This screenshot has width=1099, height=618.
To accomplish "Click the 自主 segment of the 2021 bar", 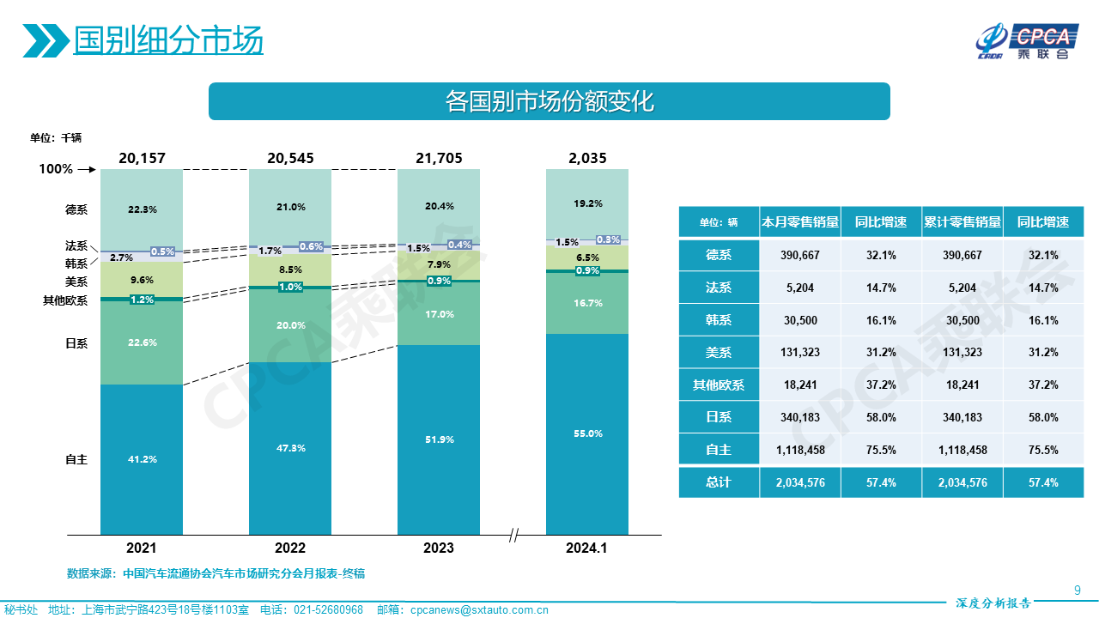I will pyautogui.click(x=142, y=459).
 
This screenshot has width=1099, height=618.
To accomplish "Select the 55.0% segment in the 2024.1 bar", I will pyautogui.click(x=587, y=434).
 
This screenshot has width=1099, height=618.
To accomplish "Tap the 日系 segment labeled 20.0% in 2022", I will pyautogui.click(x=290, y=325).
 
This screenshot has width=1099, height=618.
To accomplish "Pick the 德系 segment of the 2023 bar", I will pyautogui.click(x=439, y=206).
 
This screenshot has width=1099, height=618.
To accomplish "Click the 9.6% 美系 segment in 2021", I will pyautogui.click(x=142, y=280).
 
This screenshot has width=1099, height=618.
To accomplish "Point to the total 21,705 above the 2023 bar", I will pyautogui.click(x=439, y=158).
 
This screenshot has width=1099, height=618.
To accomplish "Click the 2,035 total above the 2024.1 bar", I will pyautogui.click(x=587, y=158).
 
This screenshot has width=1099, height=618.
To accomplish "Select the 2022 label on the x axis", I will pyautogui.click(x=290, y=548).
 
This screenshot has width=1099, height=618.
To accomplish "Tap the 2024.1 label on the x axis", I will pyautogui.click(x=587, y=548).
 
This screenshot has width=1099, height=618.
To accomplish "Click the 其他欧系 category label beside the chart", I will pyautogui.click(x=65, y=300).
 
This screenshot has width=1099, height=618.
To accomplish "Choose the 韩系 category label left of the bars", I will pyautogui.click(x=76, y=263).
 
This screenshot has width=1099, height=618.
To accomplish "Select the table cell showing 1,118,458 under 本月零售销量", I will pyautogui.click(x=800, y=450).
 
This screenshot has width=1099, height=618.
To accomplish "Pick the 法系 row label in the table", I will pyautogui.click(x=719, y=288).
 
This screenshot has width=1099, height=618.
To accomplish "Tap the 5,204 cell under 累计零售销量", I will pyautogui.click(x=962, y=288).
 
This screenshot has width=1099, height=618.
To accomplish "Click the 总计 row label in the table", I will pyautogui.click(x=719, y=482).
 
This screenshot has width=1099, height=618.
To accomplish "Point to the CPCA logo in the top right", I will pyautogui.click(x=1025, y=41).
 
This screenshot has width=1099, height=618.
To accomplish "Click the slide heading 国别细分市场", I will pyautogui.click(x=168, y=39).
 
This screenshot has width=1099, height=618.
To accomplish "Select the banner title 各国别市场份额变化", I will pyautogui.click(x=549, y=101).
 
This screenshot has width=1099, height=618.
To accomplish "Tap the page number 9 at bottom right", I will pyautogui.click(x=1078, y=590).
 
